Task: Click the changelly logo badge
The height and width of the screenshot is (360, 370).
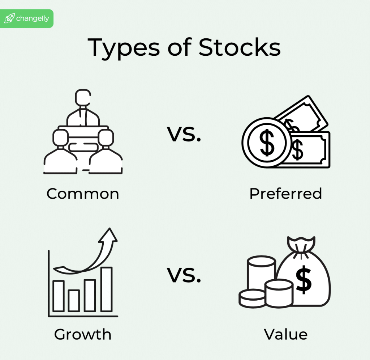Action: [27, 18]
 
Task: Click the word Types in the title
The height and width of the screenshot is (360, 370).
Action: [119, 48]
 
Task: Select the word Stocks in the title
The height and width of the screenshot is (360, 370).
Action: [240, 48]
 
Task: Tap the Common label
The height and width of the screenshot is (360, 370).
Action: [83, 194]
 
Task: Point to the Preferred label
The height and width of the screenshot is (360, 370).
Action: [285, 194]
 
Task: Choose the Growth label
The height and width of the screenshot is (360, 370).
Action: [83, 334]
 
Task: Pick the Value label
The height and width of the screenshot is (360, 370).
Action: [285, 334]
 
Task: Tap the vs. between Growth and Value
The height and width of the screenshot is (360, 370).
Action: [184, 276]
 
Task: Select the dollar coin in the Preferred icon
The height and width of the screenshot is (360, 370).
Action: [267, 143]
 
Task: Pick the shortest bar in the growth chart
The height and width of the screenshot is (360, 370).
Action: [74, 301]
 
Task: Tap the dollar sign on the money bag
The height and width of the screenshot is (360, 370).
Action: [304, 281]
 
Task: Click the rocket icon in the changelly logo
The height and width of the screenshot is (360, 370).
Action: [9, 19]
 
